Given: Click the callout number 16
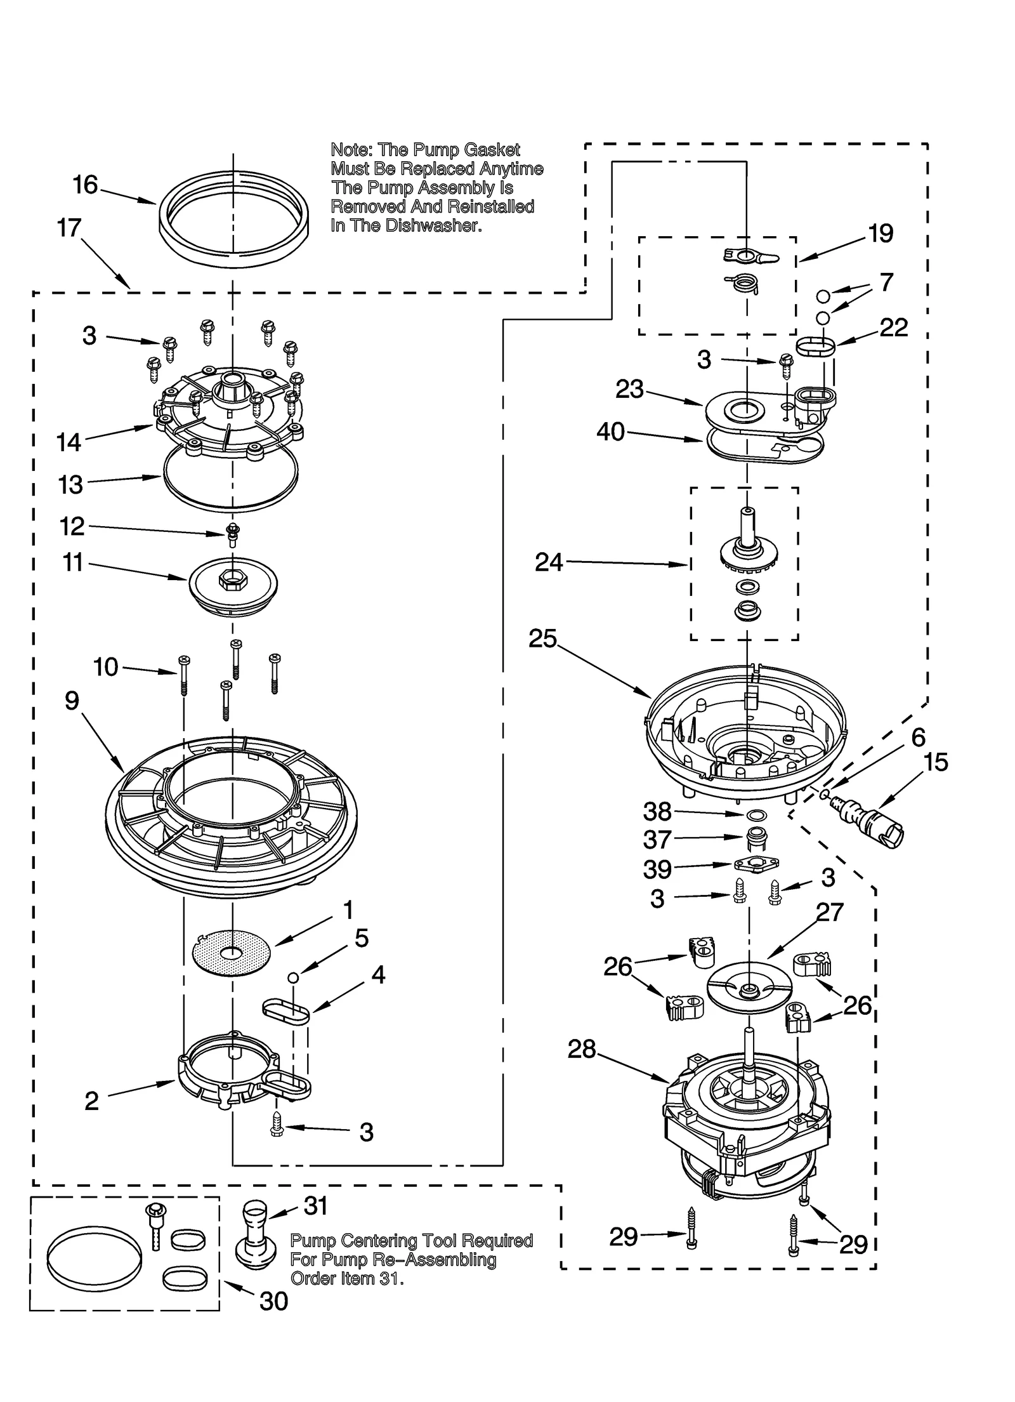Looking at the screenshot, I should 85,185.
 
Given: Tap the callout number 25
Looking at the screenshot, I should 542,639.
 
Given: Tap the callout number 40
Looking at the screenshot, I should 610,432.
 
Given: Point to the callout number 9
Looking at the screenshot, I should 72,701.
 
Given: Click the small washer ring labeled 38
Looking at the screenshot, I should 752,814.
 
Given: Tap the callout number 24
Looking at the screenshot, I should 549,562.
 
